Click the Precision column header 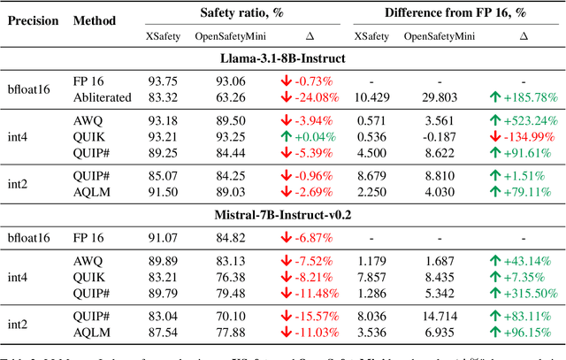[33, 19]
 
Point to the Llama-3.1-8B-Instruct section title [282, 57]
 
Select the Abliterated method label [103, 97]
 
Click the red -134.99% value [524, 136]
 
